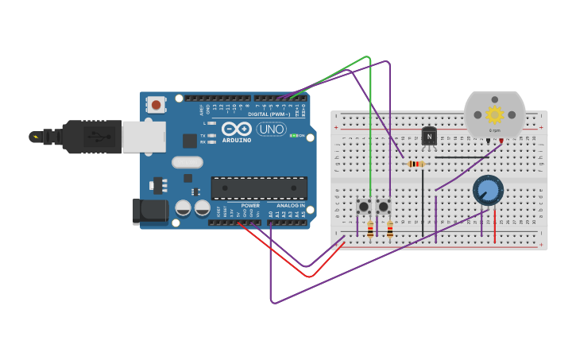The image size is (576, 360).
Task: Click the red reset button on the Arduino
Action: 156,104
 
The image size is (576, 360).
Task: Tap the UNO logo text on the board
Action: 272,130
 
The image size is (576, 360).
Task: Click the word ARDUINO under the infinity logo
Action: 237,141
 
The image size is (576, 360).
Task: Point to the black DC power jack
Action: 149,211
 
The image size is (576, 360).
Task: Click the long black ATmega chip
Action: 259,188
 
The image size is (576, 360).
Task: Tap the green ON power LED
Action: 294,136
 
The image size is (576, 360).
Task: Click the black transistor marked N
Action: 429,137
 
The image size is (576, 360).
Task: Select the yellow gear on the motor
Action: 494,114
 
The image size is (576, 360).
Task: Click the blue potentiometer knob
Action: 488,191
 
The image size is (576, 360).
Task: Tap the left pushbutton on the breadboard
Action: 364,207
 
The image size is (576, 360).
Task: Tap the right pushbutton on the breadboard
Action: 383,207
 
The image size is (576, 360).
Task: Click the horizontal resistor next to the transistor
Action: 415,164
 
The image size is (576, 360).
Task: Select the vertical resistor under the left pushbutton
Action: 370,230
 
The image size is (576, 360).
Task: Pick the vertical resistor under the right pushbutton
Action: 389,230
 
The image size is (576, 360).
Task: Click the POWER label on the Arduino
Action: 250,206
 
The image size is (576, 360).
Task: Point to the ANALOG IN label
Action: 290,206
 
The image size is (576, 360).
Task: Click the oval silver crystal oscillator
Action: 187,162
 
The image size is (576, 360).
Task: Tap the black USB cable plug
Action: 87,137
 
